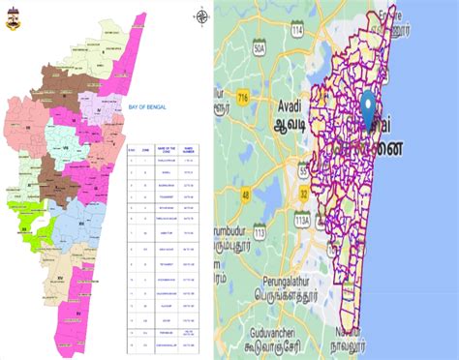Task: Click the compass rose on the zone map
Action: [202, 16]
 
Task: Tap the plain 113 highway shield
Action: [259, 232]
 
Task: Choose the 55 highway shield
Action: [304, 171]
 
